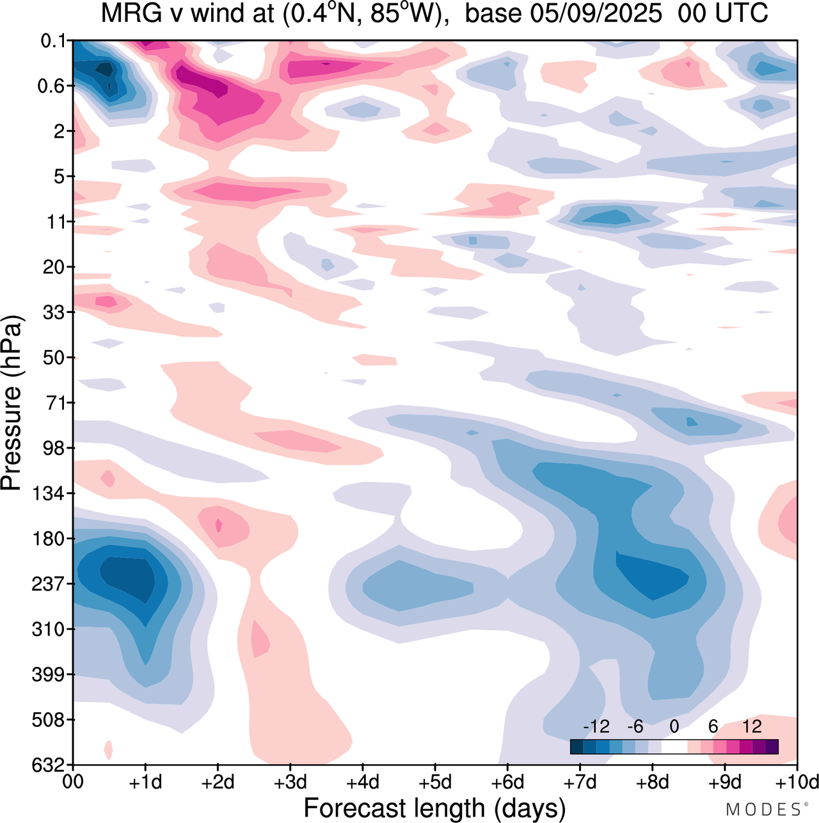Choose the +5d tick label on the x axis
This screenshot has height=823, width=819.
click(x=434, y=782)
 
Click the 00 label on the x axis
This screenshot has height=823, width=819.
click(x=74, y=782)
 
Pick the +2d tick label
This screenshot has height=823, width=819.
click(x=218, y=782)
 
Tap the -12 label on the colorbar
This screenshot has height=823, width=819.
click(x=596, y=726)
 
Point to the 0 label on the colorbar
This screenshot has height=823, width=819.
click(x=674, y=726)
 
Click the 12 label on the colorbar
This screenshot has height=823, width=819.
click(x=752, y=726)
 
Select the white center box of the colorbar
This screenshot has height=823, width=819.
click(x=674, y=747)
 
